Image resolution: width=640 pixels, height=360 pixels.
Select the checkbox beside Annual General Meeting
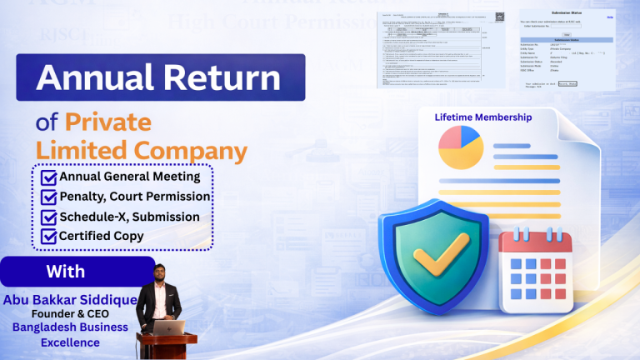(49, 177)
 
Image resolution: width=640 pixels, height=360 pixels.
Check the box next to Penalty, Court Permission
(49, 197)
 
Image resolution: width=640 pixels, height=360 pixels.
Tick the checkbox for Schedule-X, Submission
(49, 217)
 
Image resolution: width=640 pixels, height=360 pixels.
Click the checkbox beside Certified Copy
(49, 237)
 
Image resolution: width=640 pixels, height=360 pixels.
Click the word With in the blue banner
(65, 272)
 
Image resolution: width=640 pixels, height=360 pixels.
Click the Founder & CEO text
(70, 314)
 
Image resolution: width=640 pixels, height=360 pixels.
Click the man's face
(160, 273)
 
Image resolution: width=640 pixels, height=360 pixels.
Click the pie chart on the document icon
(460, 147)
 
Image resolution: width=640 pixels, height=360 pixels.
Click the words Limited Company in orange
(141, 151)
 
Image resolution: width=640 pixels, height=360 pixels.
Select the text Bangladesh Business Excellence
(70, 335)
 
